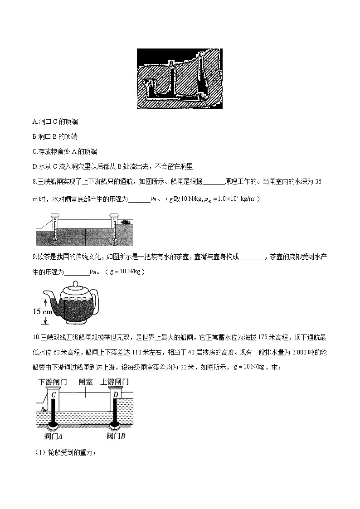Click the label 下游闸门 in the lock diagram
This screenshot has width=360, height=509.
(53, 382)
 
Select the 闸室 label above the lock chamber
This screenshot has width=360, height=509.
(85, 382)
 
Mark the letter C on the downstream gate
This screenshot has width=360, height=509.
(54, 395)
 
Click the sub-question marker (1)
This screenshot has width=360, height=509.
(39, 452)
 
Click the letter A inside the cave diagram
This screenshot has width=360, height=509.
(148, 82)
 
